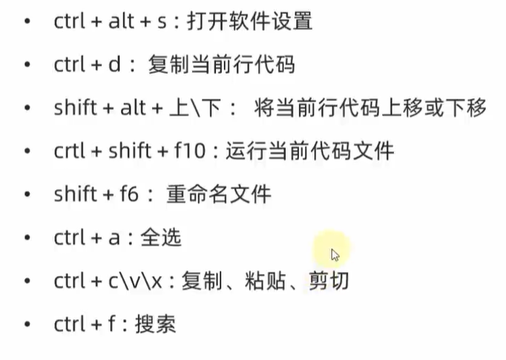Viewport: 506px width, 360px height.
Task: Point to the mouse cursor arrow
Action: [x=335, y=255]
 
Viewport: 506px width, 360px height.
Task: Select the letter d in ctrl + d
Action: [x=114, y=65]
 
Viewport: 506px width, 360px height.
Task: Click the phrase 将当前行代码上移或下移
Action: [x=369, y=108]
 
